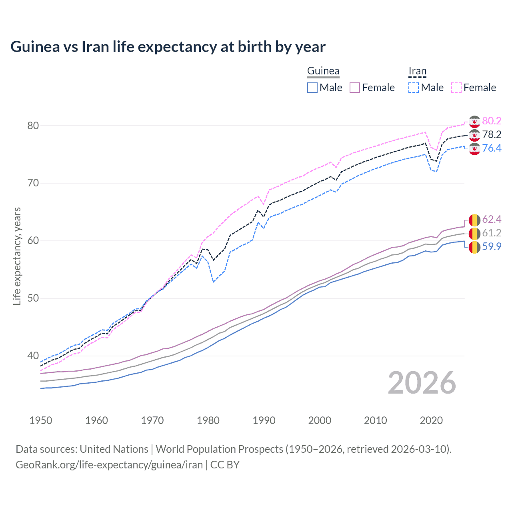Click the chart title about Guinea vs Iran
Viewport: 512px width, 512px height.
(x=168, y=47)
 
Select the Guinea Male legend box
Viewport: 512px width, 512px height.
(x=312, y=88)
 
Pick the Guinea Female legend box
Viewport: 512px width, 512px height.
(x=355, y=88)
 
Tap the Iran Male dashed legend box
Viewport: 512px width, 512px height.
(x=414, y=88)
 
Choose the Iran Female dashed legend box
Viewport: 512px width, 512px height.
(x=456, y=88)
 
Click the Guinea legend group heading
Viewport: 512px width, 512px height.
(x=323, y=71)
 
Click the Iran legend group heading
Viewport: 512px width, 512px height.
(x=417, y=71)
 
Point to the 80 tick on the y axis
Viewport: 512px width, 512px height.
(x=33, y=126)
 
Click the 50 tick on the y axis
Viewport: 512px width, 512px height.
(x=33, y=298)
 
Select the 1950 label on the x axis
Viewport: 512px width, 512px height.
(x=41, y=420)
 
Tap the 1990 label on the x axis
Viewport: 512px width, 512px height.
(x=264, y=420)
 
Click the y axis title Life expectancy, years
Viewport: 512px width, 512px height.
(x=17, y=256)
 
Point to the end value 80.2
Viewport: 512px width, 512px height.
(x=492, y=121)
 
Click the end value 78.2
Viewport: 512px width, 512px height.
(x=492, y=134)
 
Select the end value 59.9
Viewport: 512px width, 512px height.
(x=492, y=246)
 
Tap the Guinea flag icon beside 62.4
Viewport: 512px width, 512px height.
(x=474, y=220)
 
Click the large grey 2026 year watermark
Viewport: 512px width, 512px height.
(x=422, y=383)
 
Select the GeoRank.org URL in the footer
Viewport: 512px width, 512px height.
(x=109, y=465)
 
